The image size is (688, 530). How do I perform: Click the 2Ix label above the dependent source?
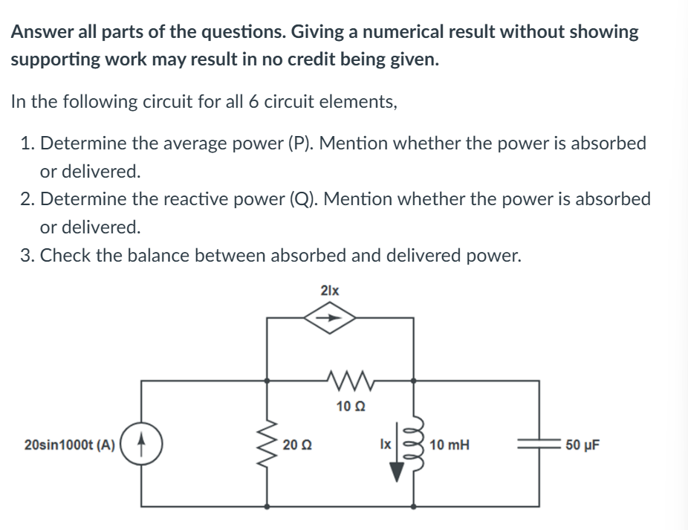pos(330,290)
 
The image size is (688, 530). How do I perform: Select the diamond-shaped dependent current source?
pos(329,318)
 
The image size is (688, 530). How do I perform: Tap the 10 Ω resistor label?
pos(348,406)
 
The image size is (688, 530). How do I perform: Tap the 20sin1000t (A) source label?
pos(69,445)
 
